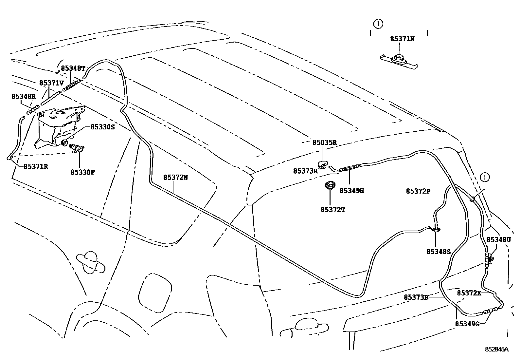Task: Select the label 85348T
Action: click(73, 68)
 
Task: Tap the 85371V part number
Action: click(51, 83)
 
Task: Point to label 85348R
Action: click(23, 97)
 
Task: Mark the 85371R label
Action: click(36, 166)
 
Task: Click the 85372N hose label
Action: click(176, 178)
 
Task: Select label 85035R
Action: click(324, 142)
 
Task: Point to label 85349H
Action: click(351, 191)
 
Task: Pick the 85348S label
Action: click(439, 252)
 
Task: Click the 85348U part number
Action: click(498, 240)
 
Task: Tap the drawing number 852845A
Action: click(496, 350)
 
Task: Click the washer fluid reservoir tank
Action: click(56, 126)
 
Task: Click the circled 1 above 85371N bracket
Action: click(378, 24)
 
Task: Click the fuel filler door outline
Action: click(155, 290)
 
